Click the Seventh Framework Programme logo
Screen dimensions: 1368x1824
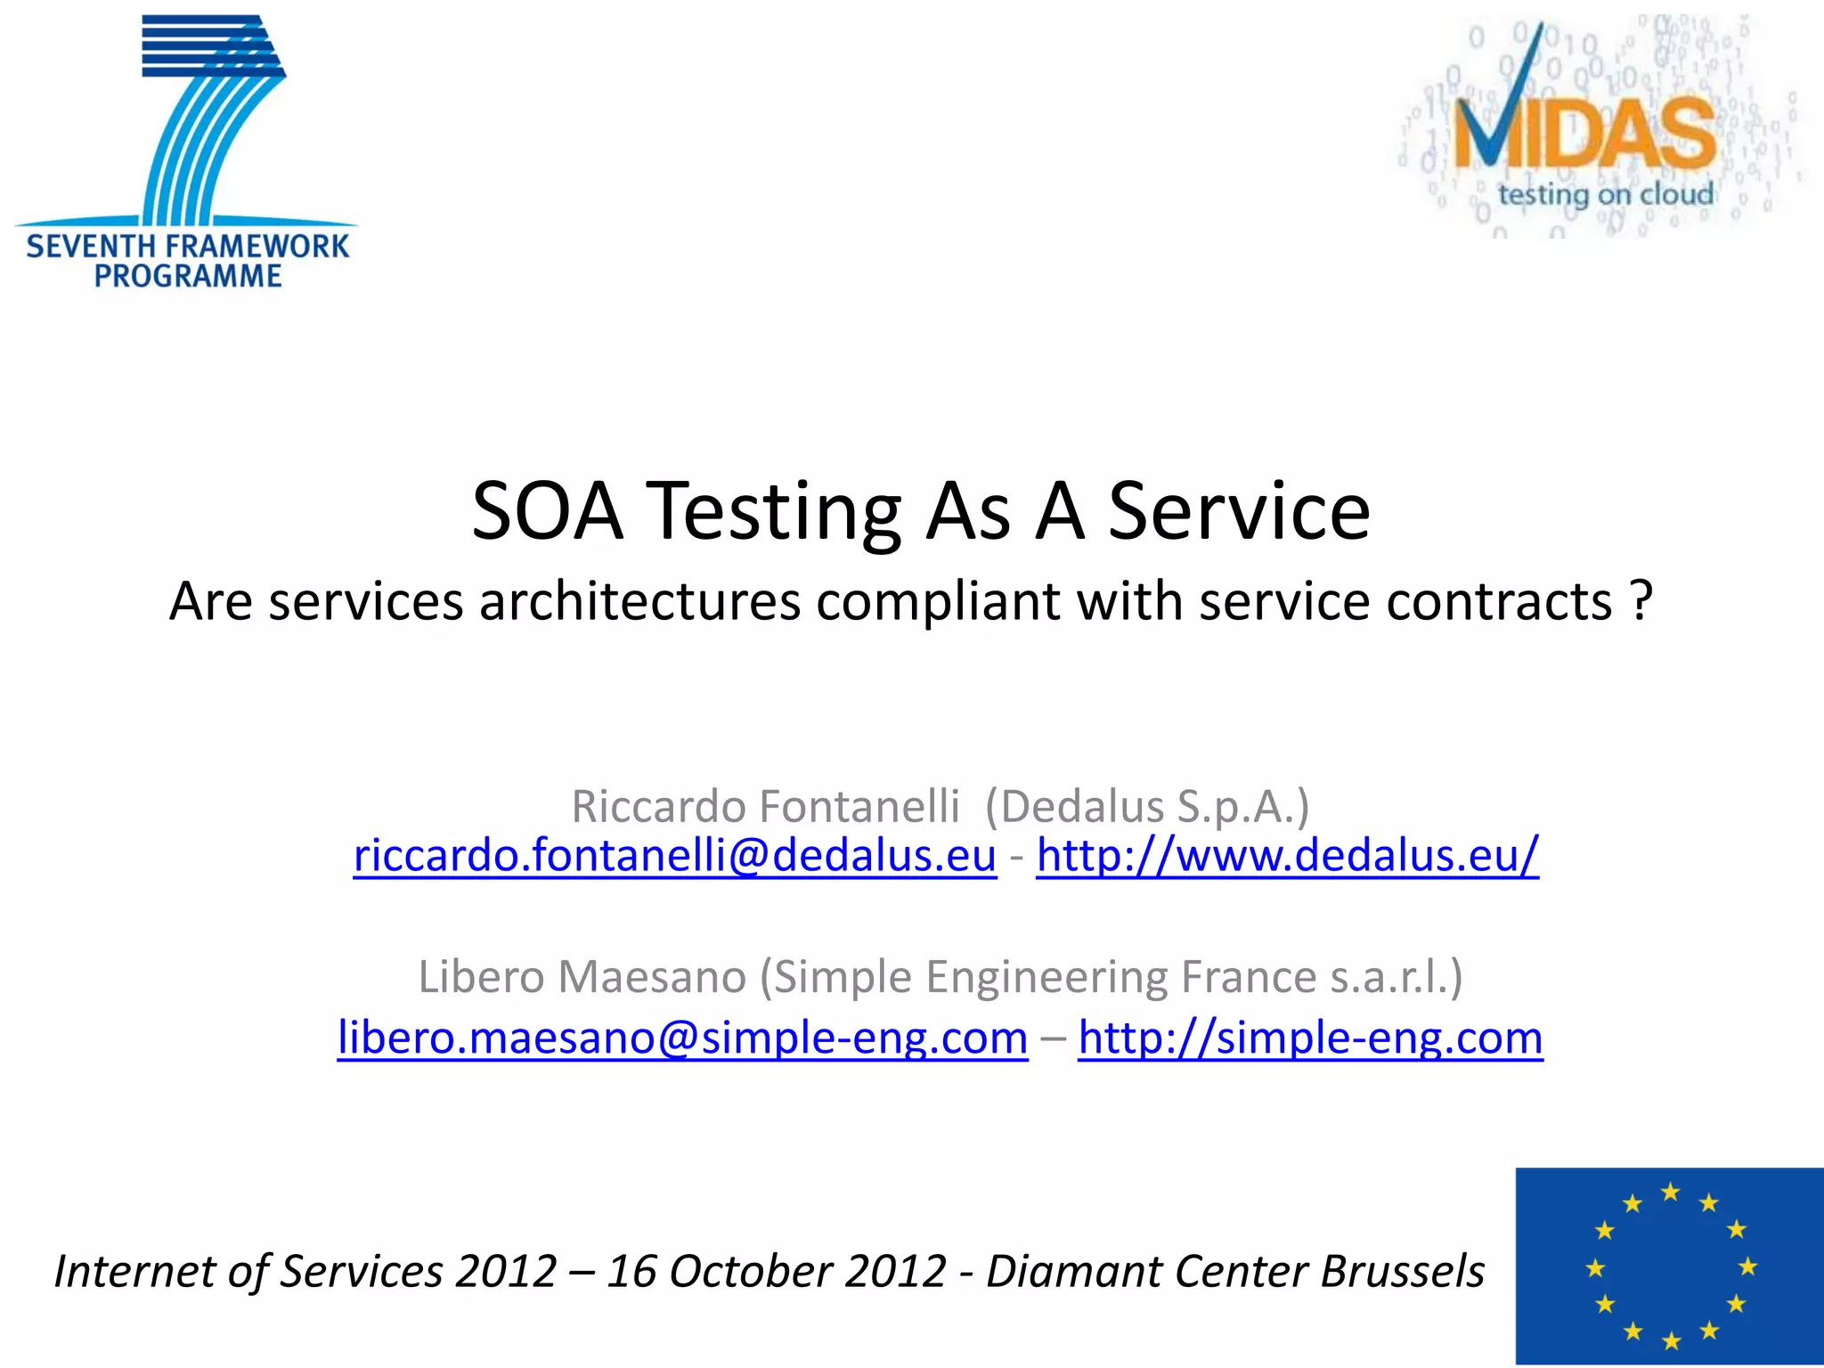pyautogui.click(x=187, y=151)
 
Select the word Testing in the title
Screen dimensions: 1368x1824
pyautogui.click(x=773, y=513)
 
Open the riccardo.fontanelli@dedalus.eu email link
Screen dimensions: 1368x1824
pyautogui.click(x=674, y=856)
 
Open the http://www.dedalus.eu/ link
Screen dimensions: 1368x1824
pyautogui.click(x=1287, y=856)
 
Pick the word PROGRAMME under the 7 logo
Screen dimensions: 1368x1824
pyautogui.click(x=188, y=276)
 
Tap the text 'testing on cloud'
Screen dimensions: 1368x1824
pyautogui.click(x=1605, y=194)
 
